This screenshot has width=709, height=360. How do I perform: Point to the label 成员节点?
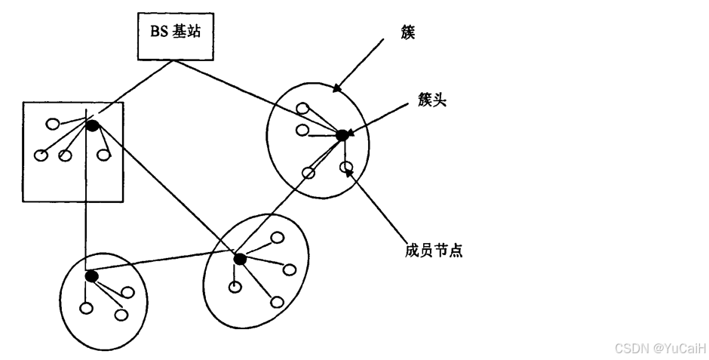coord(432,250)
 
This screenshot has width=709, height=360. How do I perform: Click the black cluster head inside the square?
coord(93,125)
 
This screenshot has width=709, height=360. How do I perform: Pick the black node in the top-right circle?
coord(341,135)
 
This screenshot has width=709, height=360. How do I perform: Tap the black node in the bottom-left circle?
coord(92,276)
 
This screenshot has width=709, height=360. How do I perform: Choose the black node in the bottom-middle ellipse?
coord(240,260)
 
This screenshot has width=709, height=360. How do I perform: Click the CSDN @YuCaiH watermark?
coord(660,348)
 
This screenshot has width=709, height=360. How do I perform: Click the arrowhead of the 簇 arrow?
coord(336,89)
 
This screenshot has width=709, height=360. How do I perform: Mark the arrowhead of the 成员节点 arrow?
coord(349,172)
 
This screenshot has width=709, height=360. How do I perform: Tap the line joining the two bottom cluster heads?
coord(166,268)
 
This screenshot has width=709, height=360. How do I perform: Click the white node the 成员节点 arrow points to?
coord(345,166)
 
